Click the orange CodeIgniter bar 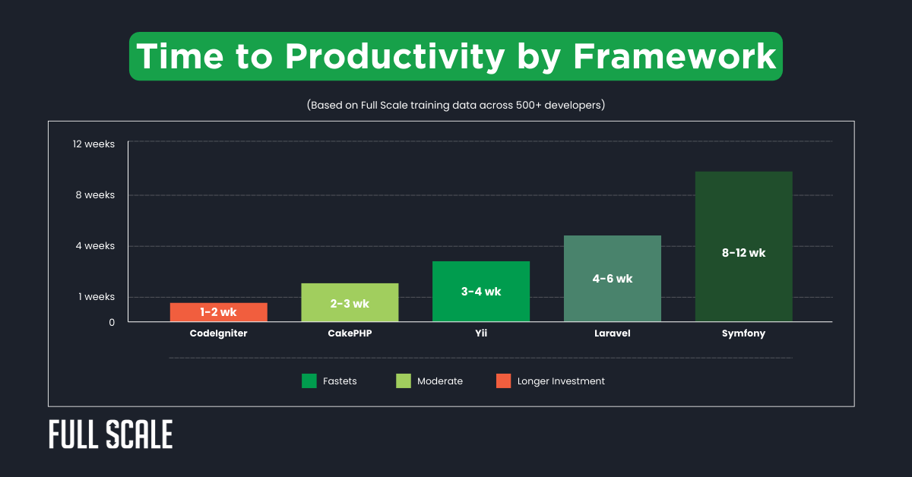218,312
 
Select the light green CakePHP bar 350,302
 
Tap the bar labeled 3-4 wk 480,292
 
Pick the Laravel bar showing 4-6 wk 612,279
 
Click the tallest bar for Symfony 743,246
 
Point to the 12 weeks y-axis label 94,144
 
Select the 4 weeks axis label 97,245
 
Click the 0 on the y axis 112,322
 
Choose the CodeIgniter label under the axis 218,333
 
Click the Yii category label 480,333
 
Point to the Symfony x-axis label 743,333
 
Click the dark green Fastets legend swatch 309,381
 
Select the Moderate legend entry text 440,381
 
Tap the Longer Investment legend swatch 502,381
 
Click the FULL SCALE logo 111,434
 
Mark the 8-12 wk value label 743,253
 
